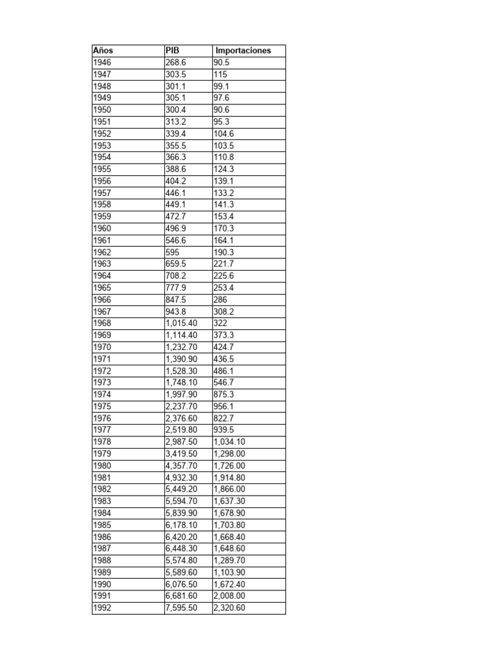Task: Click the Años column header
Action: pos(103,50)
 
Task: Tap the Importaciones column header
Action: pos(243,50)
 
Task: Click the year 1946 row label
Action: pos(102,63)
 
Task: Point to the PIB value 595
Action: pos(173,252)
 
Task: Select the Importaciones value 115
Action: pos(220,74)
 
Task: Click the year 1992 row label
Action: pos(102,608)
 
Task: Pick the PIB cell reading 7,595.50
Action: pos(182,608)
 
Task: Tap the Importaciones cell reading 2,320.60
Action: pos(229,608)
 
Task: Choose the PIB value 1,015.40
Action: pos(182,323)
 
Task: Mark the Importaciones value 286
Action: pos(220,299)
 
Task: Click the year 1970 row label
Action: pos(102,347)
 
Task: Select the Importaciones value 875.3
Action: pos(225,394)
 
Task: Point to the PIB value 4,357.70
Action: pos(182,465)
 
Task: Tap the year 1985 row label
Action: pos(102,525)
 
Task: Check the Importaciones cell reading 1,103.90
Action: pos(229,572)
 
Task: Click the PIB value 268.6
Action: pos(175,63)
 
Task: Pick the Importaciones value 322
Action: pos(220,323)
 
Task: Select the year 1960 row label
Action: pos(102,228)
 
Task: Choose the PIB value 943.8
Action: pos(175,311)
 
